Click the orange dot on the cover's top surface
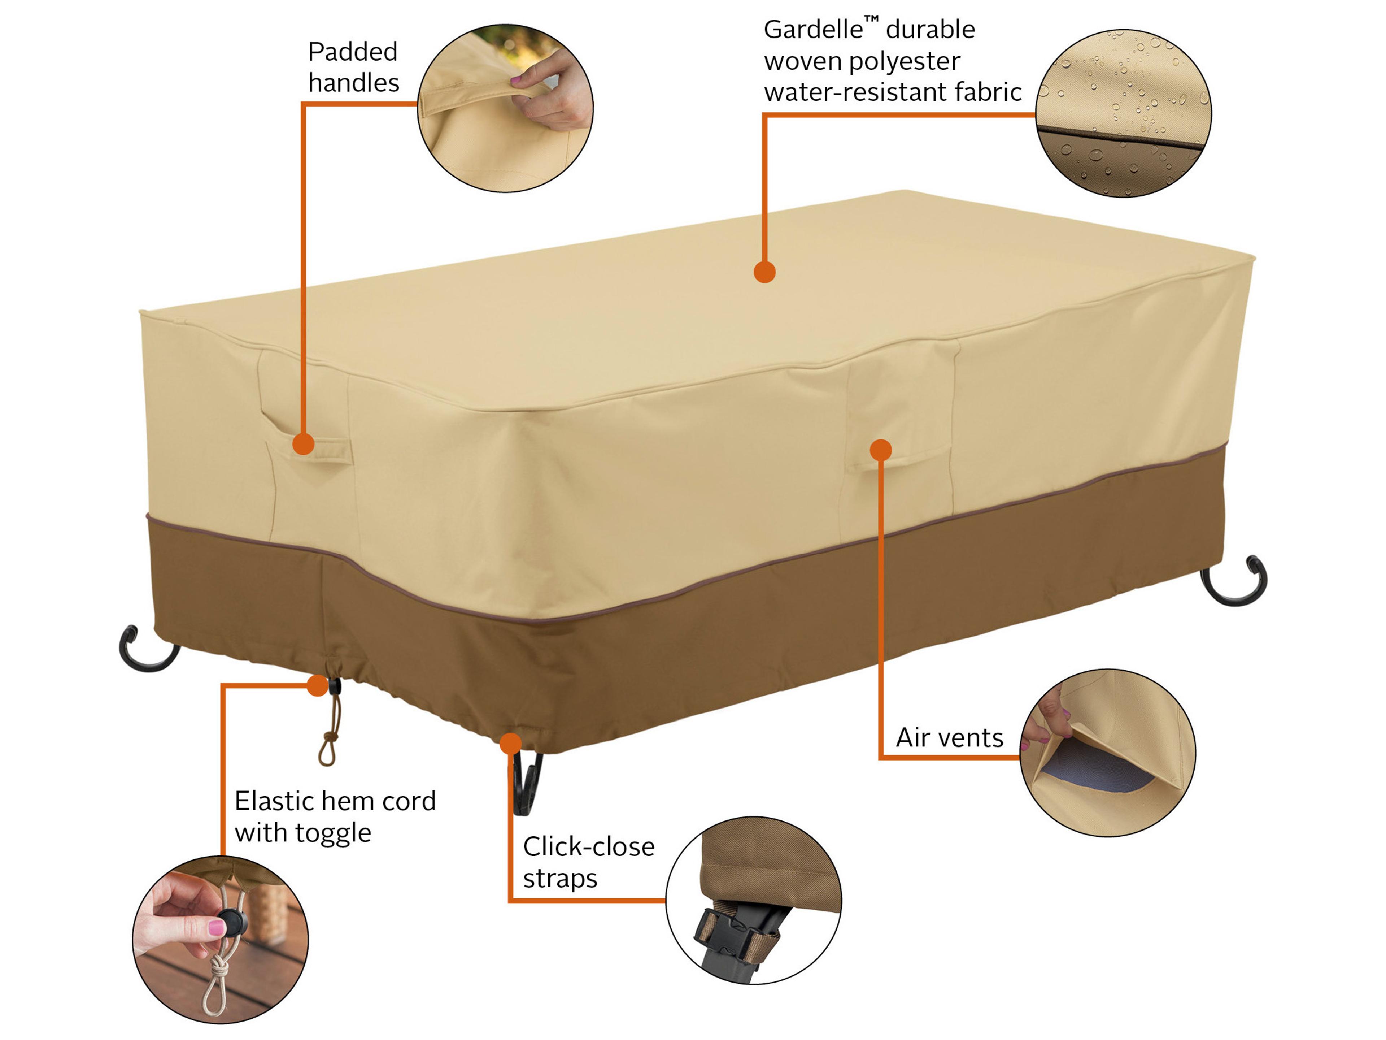pos(764,272)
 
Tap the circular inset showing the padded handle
pos(505,108)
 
